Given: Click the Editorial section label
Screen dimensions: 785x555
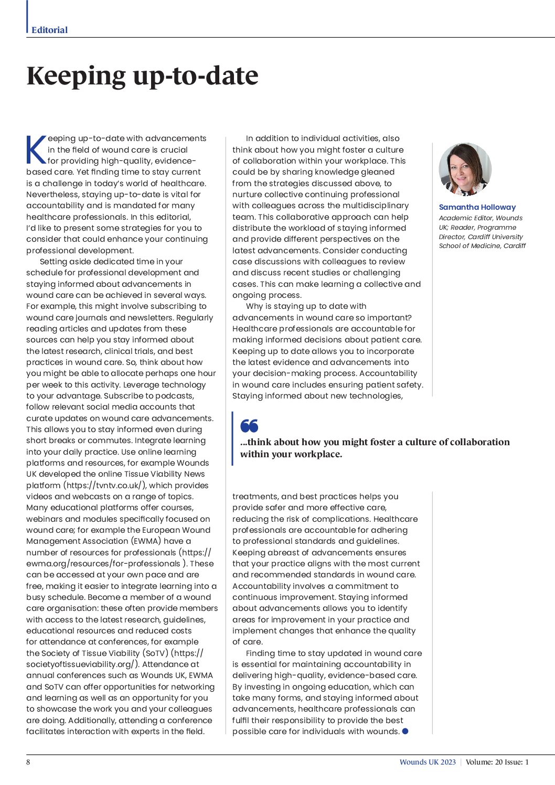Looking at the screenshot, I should [x=49, y=30].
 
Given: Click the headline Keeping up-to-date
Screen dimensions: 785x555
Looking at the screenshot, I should [x=142, y=76].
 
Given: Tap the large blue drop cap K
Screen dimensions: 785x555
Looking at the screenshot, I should [x=36, y=150].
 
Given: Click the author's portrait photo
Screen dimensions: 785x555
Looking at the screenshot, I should [x=465, y=169].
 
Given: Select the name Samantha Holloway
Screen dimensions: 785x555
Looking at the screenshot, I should [x=477, y=207].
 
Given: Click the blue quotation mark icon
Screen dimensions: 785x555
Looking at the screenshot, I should [x=249, y=425].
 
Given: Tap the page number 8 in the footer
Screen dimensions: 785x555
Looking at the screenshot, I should [x=28, y=762].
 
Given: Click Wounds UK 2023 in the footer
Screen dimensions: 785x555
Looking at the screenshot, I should [x=428, y=762].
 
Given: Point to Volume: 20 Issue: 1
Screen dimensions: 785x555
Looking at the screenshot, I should [x=497, y=762].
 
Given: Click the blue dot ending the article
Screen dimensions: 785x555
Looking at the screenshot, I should [x=405, y=731].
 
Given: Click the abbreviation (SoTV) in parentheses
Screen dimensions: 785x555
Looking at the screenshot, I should [x=155, y=653].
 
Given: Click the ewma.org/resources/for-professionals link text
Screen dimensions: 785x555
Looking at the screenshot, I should [x=103, y=564].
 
